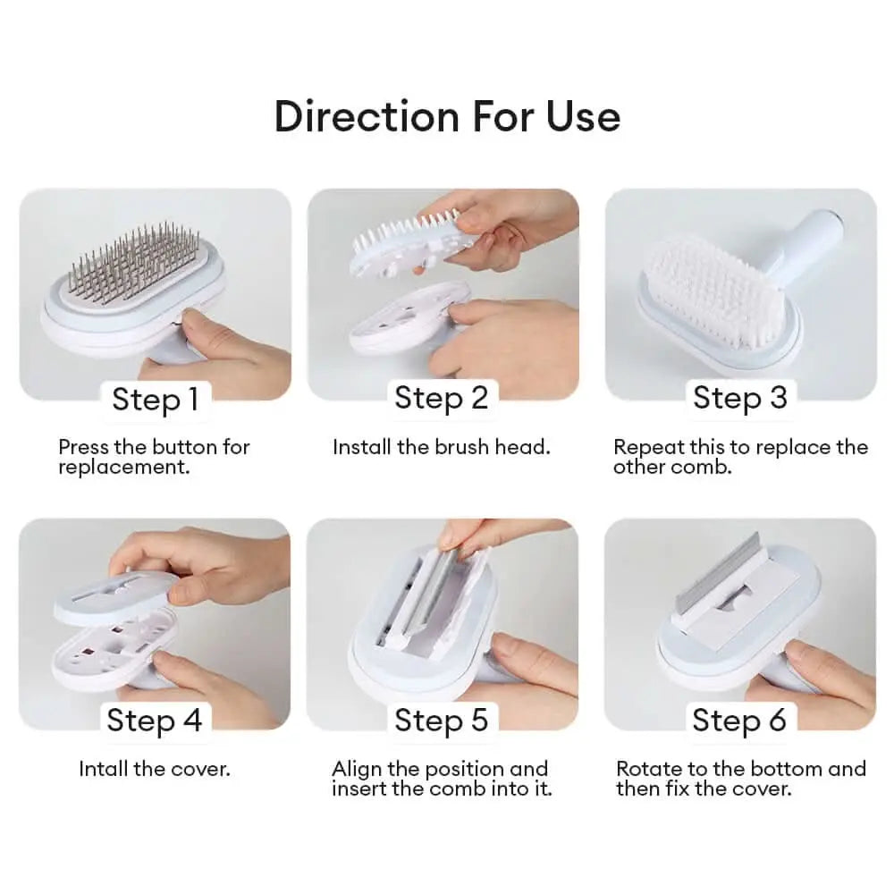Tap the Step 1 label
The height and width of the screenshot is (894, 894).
155,400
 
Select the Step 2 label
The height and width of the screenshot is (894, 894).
442,398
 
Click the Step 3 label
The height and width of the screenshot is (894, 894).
739,398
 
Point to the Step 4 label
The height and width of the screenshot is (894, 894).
155,720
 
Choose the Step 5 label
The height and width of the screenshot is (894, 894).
442,720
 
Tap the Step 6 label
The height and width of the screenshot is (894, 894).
739,720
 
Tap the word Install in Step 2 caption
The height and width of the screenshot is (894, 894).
362,447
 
